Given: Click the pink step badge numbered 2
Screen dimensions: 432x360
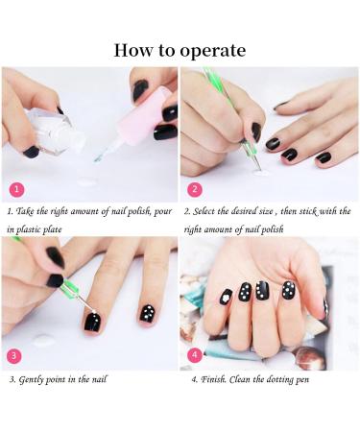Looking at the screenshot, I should (x=195, y=188).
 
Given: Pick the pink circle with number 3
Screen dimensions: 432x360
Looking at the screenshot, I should (x=14, y=355).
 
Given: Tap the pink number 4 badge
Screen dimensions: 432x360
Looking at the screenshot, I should (x=195, y=355).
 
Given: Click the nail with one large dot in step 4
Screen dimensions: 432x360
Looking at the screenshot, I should (x=227, y=298).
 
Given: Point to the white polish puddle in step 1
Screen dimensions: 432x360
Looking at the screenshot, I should (x=86, y=181).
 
